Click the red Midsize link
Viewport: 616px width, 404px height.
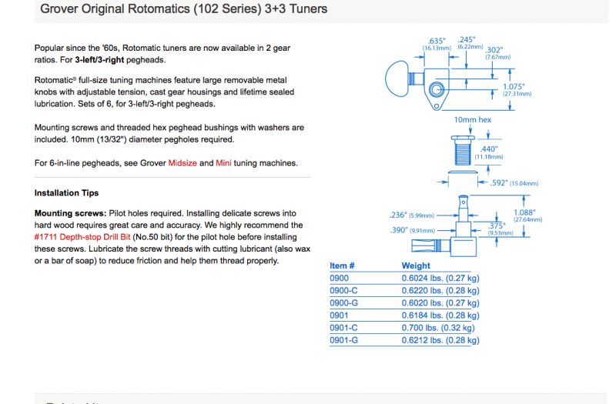tap(182, 163)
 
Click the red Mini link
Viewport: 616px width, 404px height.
tap(223, 163)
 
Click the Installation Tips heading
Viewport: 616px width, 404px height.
tap(66, 192)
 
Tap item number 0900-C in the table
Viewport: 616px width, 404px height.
tap(343, 291)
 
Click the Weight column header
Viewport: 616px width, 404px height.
tap(415, 266)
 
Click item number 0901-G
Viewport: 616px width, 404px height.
tap(343, 340)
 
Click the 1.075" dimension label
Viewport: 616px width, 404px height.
tap(514, 86)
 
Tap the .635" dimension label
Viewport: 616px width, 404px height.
tap(437, 41)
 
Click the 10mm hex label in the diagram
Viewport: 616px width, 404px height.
tap(472, 120)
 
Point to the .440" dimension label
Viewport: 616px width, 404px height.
tap(488, 149)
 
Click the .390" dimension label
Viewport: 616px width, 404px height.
tap(400, 230)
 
